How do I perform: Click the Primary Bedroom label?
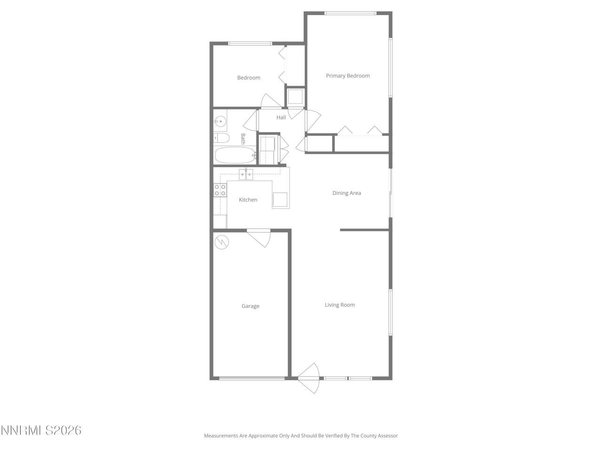point(348,76)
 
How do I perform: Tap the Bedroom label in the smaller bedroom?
point(248,78)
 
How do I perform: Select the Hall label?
point(281,117)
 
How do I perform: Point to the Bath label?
point(243,138)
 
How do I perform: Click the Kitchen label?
point(248,200)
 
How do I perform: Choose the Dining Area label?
point(347,193)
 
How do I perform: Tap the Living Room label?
point(340,305)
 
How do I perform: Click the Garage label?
point(250,306)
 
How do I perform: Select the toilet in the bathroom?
point(221,138)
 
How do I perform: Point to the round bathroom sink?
point(220,121)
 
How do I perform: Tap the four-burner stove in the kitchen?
point(220,190)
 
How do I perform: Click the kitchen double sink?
point(246,174)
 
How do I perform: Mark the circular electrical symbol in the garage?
point(221,242)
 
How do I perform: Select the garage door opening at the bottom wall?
point(252,378)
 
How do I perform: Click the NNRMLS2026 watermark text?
point(41,430)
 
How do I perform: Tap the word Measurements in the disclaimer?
point(221,436)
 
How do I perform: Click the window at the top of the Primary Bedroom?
point(350,13)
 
